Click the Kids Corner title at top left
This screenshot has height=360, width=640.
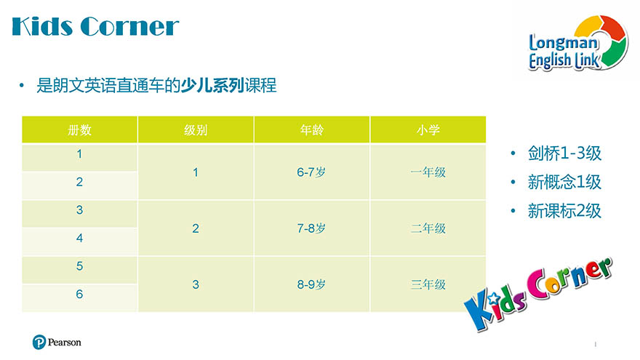pyautogui.click(x=95, y=26)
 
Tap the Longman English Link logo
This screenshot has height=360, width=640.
pyautogui.click(x=578, y=44)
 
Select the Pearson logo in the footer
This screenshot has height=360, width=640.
pyautogui.click(x=57, y=342)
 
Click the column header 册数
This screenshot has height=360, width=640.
pyautogui.click(x=79, y=129)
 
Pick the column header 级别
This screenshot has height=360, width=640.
pyautogui.click(x=196, y=129)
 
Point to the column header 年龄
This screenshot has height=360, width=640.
pyautogui.click(x=312, y=129)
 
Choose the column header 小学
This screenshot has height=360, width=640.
pyautogui.click(x=428, y=129)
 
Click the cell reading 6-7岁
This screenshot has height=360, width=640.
pyautogui.click(x=311, y=172)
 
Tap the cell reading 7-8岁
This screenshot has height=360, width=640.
pyautogui.click(x=311, y=228)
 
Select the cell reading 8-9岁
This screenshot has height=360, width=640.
pyautogui.click(x=311, y=284)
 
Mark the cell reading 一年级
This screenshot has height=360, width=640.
pyautogui.click(x=428, y=172)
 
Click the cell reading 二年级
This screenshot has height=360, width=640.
pyautogui.click(x=428, y=228)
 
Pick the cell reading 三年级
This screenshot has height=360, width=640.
pyautogui.click(x=428, y=284)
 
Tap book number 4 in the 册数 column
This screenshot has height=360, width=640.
pyautogui.click(x=79, y=238)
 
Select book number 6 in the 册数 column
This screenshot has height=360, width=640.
pyautogui.click(x=79, y=294)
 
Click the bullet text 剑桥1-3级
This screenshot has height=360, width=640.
pyautogui.click(x=564, y=153)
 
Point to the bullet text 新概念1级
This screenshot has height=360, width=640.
pyautogui.click(x=564, y=182)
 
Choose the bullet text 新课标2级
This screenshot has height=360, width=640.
pyautogui.click(x=564, y=211)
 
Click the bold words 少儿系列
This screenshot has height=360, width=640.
pyautogui.click(x=212, y=86)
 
